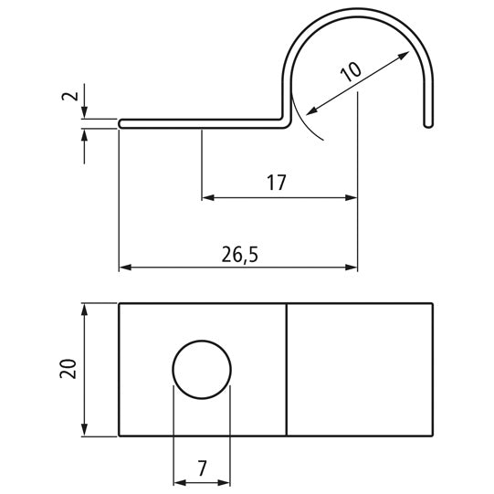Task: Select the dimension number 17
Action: (x=277, y=184)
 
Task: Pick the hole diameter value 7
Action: (x=202, y=468)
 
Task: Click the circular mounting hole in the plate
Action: (x=202, y=369)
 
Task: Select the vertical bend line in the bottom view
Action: (x=287, y=369)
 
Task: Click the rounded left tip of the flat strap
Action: (x=122, y=122)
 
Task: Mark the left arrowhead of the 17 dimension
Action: (x=207, y=196)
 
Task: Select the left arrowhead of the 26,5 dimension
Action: (x=126, y=268)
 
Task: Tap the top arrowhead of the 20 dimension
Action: (x=84, y=310)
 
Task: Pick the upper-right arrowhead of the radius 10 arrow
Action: (x=404, y=56)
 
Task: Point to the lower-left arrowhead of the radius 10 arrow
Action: (x=310, y=111)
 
